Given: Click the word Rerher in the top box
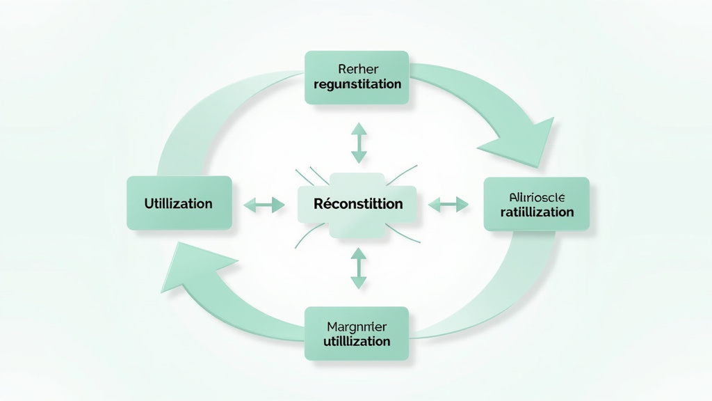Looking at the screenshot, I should click(357, 69).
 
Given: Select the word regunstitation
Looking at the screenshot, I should click(357, 84).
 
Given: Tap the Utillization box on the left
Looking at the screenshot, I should click(179, 203).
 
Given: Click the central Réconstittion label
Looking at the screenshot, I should click(357, 204).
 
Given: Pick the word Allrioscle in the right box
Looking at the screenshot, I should click(536, 196).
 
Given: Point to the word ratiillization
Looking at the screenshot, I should click(536, 212).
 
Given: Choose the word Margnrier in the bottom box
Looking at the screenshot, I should click(357, 326).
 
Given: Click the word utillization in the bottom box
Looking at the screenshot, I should click(357, 341).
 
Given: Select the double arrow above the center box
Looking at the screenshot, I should click(358, 143).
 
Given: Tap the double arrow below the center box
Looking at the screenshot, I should click(358, 269).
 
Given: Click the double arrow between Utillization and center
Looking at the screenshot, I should click(264, 205).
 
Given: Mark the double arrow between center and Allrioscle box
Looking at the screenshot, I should click(448, 205).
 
